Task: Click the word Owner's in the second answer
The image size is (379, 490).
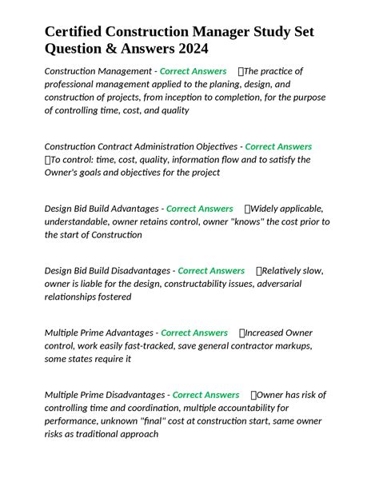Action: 65,173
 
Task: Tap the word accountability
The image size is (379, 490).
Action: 229,408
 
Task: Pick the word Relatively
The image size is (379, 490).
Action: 281,271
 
